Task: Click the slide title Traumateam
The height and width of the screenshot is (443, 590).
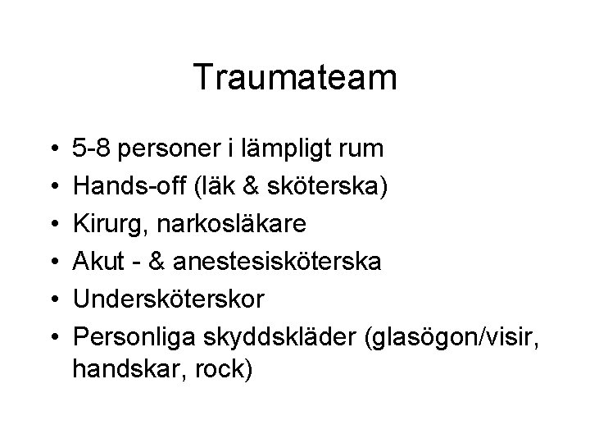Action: (295, 78)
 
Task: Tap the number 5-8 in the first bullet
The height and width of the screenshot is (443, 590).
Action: (92, 149)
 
